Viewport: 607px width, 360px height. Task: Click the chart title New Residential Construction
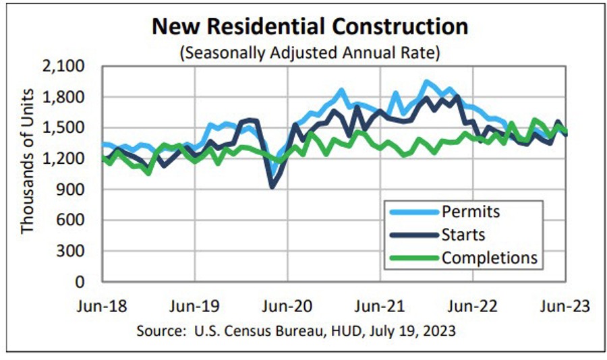pyautogui.click(x=310, y=26)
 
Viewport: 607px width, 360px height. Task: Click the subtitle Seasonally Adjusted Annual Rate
pyautogui.click(x=310, y=53)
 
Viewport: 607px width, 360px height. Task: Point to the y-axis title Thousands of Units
pyautogui.click(x=27, y=161)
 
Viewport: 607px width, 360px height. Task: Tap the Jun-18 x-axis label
pyautogui.click(x=102, y=307)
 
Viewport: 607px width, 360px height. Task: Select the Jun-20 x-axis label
pyautogui.click(x=288, y=307)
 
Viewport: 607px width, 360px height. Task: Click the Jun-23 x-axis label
pyautogui.click(x=565, y=307)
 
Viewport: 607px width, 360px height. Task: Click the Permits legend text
pyautogui.click(x=471, y=212)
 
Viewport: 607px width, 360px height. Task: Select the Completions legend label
pyautogui.click(x=489, y=257)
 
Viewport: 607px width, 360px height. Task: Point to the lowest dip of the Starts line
pyautogui.click(x=272, y=187)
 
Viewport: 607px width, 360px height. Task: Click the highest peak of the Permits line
pyautogui.click(x=426, y=82)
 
